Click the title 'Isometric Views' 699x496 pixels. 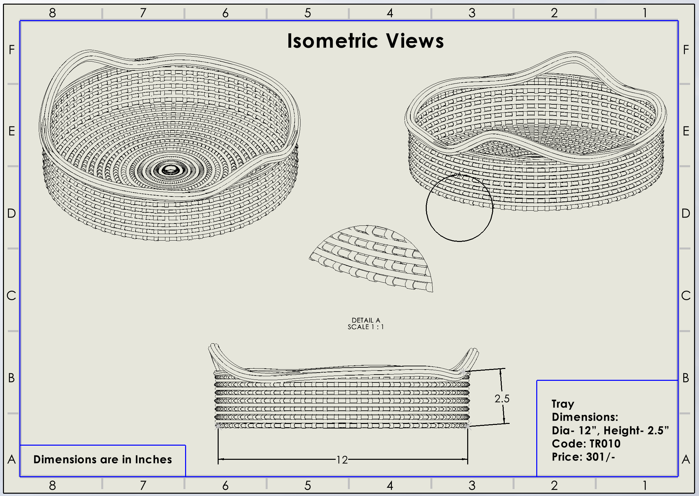(365, 41)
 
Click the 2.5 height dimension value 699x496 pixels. (502, 399)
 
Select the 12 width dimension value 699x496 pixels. (342, 459)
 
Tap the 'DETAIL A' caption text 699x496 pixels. (366, 320)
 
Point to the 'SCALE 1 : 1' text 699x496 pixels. (366, 327)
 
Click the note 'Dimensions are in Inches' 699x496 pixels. (103, 459)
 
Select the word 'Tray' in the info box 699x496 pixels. (563, 404)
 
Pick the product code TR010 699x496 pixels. (605, 444)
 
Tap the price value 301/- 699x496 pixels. (600, 457)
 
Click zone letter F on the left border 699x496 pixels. (12, 50)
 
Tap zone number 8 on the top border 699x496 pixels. (52, 13)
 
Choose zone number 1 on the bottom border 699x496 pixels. (645, 485)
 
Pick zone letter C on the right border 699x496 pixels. (686, 296)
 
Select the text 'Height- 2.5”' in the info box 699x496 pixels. (636, 431)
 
